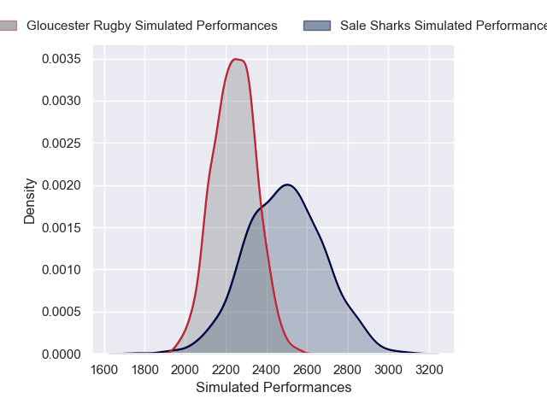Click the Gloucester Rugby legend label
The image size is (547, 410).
click(x=152, y=26)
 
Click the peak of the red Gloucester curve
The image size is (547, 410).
click(x=236, y=59)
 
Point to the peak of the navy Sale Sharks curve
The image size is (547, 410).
click(x=287, y=184)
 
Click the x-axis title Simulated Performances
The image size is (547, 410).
click(x=273, y=387)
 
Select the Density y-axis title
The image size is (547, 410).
click(x=30, y=201)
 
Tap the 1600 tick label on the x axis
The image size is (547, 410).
click(x=104, y=370)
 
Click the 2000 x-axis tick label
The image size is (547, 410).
click(x=185, y=370)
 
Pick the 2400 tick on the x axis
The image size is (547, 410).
click(x=267, y=370)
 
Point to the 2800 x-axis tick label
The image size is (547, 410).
click(x=348, y=370)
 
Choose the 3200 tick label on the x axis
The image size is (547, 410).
click(x=428, y=370)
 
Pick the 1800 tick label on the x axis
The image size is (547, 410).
click(x=144, y=370)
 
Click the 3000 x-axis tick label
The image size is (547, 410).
click(x=388, y=370)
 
